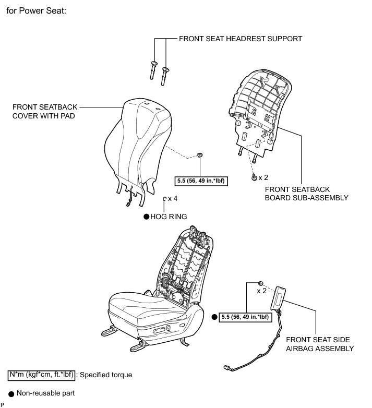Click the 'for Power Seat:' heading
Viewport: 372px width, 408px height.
(36, 11)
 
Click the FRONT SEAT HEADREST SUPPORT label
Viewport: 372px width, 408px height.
(240, 39)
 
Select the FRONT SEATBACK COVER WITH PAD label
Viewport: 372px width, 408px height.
(43, 111)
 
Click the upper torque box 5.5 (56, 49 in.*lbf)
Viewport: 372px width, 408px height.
(203, 182)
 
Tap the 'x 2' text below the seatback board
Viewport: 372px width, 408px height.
(263, 177)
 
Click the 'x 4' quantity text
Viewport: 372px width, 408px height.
(172, 199)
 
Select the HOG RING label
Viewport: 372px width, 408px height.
(168, 216)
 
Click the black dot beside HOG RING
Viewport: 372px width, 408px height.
(146, 216)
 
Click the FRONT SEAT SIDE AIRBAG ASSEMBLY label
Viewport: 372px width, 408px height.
(320, 343)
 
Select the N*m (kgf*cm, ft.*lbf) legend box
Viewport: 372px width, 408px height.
(42, 375)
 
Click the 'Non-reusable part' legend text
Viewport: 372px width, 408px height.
(46, 393)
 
